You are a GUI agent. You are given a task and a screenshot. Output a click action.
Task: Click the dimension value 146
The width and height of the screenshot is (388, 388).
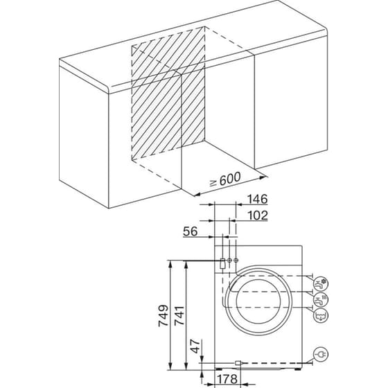click(257, 200)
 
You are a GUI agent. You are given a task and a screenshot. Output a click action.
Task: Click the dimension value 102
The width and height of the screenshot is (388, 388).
click(257, 215)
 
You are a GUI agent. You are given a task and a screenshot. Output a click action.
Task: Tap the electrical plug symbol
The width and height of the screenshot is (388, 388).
click(321, 355)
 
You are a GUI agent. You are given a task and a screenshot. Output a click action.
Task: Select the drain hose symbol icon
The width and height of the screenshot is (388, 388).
click(321, 317)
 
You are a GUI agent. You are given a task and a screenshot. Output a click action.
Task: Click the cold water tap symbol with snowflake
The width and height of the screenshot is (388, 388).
click(321, 283)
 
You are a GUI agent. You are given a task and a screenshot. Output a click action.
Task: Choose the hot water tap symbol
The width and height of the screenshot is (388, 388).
click(321, 299)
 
